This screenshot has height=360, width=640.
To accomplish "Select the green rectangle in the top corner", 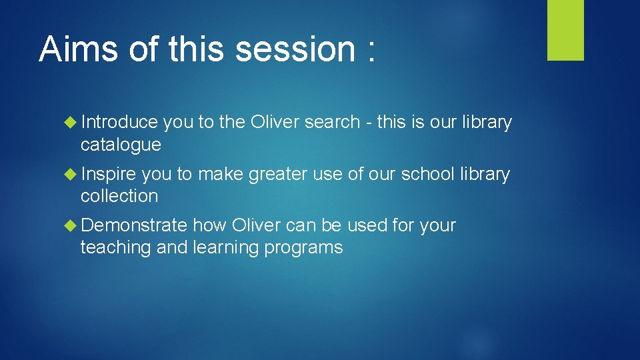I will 565,30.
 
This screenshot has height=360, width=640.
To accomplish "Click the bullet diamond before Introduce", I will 72,123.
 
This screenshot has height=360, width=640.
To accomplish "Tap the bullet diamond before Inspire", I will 72,175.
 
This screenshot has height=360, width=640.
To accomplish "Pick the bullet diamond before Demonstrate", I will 72,226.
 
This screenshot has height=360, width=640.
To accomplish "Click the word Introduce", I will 119,123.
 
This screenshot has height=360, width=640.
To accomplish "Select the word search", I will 335,123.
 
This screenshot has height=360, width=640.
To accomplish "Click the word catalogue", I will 121,144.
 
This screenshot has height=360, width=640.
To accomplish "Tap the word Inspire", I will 108,175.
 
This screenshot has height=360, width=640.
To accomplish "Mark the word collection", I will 119,196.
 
